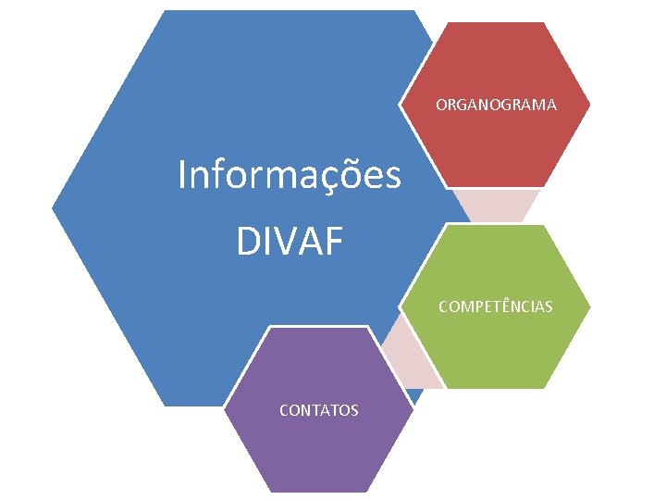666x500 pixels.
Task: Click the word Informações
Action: [x=290, y=175]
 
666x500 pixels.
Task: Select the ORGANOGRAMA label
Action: [x=496, y=105]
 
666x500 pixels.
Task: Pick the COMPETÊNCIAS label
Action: [x=496, y=306]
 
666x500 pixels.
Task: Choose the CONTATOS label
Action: [x=319, y=409]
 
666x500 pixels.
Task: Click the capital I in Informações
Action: [x=182, y=174]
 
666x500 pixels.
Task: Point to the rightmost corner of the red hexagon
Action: [x=590, y=105]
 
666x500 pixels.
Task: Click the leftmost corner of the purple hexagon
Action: [x=225, y=409]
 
